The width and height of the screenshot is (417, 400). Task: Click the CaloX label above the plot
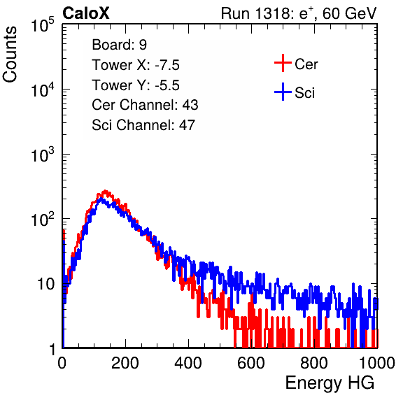tap(86, 13)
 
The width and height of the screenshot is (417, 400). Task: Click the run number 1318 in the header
tap(271, 13)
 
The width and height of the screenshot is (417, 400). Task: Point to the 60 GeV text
tap(350, 13)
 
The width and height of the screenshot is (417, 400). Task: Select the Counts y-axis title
tap(10, 55)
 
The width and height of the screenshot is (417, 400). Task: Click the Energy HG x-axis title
tap(330, 383)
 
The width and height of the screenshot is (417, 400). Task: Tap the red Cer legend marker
tap(283, 63)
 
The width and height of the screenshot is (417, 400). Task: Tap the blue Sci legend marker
tap(283, 92)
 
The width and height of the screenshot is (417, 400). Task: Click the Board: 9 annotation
tap(120, 45)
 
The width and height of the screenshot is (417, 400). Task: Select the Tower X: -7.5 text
tap(136, 65)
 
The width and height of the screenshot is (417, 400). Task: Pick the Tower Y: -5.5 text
tap(136, 85)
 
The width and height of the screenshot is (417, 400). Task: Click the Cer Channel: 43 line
tap(145, 105)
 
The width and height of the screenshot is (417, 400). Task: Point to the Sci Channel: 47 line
tap(143, 125)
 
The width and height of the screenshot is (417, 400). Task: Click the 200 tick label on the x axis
tap(125, 363)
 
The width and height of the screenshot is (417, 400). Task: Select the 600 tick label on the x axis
tap(251, 363)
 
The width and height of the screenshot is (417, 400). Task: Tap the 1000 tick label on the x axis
tap(377, 363)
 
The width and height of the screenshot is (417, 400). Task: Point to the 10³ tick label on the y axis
tap(43, 155)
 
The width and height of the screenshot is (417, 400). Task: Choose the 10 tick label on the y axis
tap(46, 284)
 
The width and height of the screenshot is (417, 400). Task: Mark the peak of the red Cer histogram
tap(106, 191)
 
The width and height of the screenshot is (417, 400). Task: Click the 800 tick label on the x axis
tap(314, 363)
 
